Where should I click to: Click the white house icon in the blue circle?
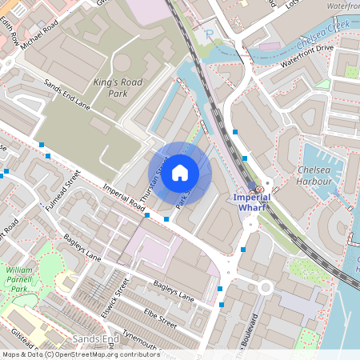[x=180, y=173]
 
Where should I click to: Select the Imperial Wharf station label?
[x=253, y=202]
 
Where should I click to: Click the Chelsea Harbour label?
[x=314, y=175]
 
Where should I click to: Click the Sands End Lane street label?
[x=67, y=95]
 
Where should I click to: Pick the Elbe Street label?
[x=157, y=319]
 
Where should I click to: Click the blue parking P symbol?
[x=210, y=34]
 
